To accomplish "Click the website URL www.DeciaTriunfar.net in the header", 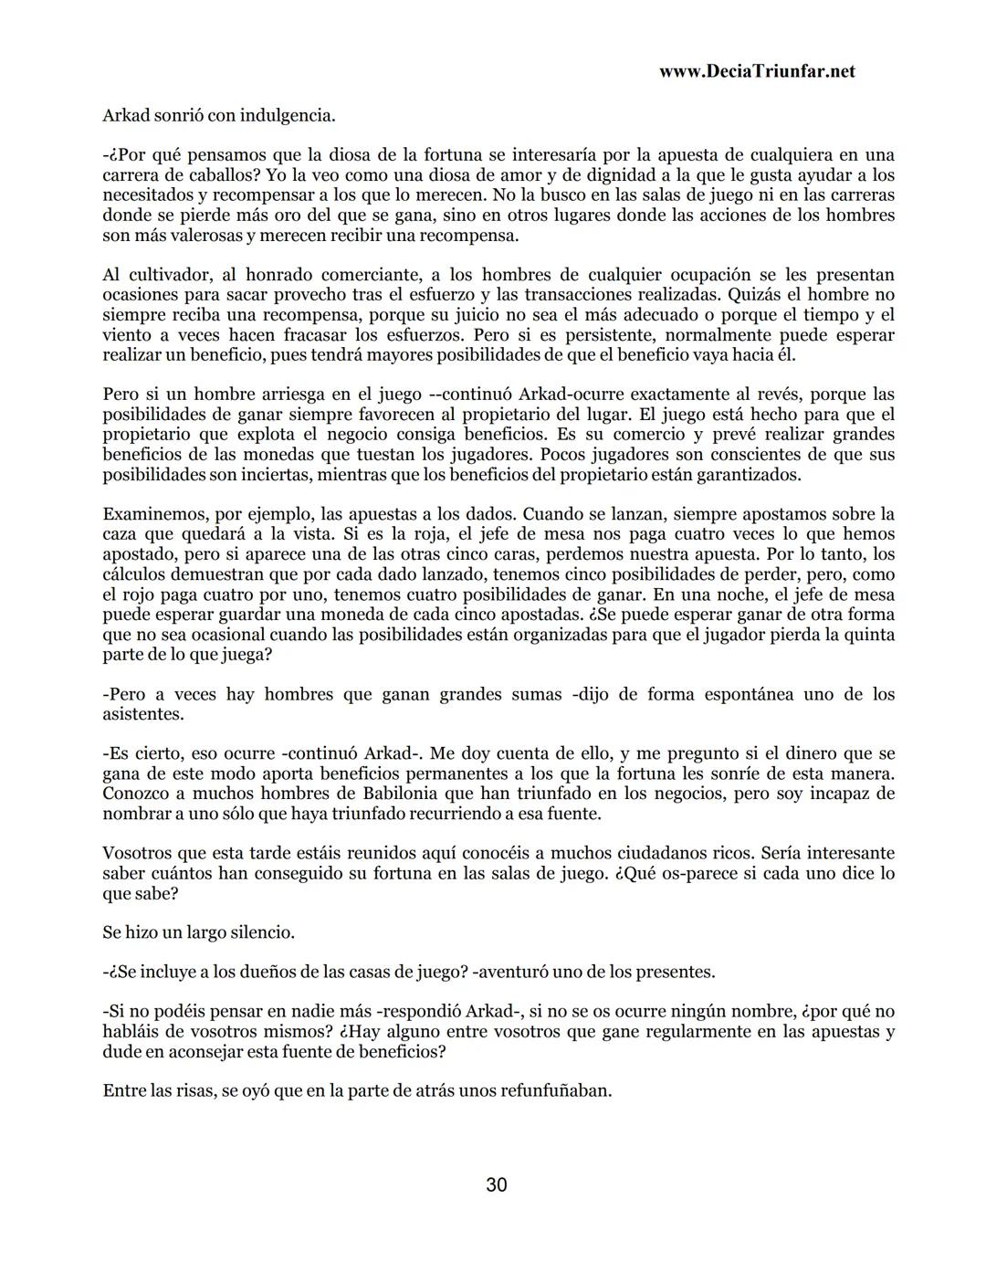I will (x=756, y=72).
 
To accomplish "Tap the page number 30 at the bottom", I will (x=496, y=1185).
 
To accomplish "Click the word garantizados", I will (x=749, y=475).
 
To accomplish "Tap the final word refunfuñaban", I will (x=555, y=1091).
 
